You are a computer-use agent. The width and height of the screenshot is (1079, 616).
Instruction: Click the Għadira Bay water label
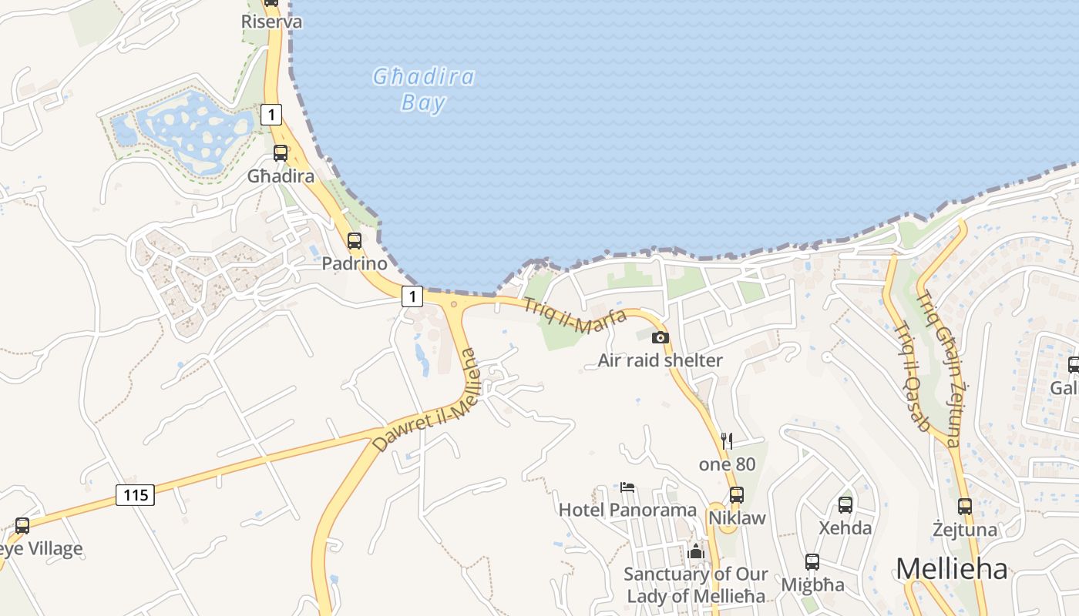tap(423, 89)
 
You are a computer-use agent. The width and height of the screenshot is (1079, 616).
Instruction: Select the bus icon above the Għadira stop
tap(280, 152)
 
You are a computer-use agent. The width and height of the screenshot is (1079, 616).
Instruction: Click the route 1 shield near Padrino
tap(413, 296)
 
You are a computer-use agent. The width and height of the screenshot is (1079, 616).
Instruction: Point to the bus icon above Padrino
tap(354, 240)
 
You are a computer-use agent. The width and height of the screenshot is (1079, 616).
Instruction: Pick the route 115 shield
tap(135, 494)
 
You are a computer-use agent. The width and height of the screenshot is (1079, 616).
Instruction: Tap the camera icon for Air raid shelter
tap(661, 337)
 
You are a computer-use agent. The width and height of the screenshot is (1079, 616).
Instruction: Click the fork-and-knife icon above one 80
tap(727, 440)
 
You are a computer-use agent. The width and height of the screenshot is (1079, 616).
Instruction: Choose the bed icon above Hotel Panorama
tap(627, 487)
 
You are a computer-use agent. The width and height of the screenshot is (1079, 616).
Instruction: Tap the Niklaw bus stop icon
tap(737, 494)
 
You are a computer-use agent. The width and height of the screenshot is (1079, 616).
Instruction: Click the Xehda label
tap(845, 528)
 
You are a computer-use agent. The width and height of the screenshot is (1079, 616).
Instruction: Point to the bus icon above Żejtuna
tap(965, 506)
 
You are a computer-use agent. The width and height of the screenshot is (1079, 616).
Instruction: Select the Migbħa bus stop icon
tap(812, 562)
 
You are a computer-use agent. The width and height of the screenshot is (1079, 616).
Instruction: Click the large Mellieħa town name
tap(952, 569)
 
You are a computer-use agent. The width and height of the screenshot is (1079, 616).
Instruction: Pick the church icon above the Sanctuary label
tap(696, 551)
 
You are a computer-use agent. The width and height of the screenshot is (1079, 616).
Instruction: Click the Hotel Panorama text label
tap(627, 510)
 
